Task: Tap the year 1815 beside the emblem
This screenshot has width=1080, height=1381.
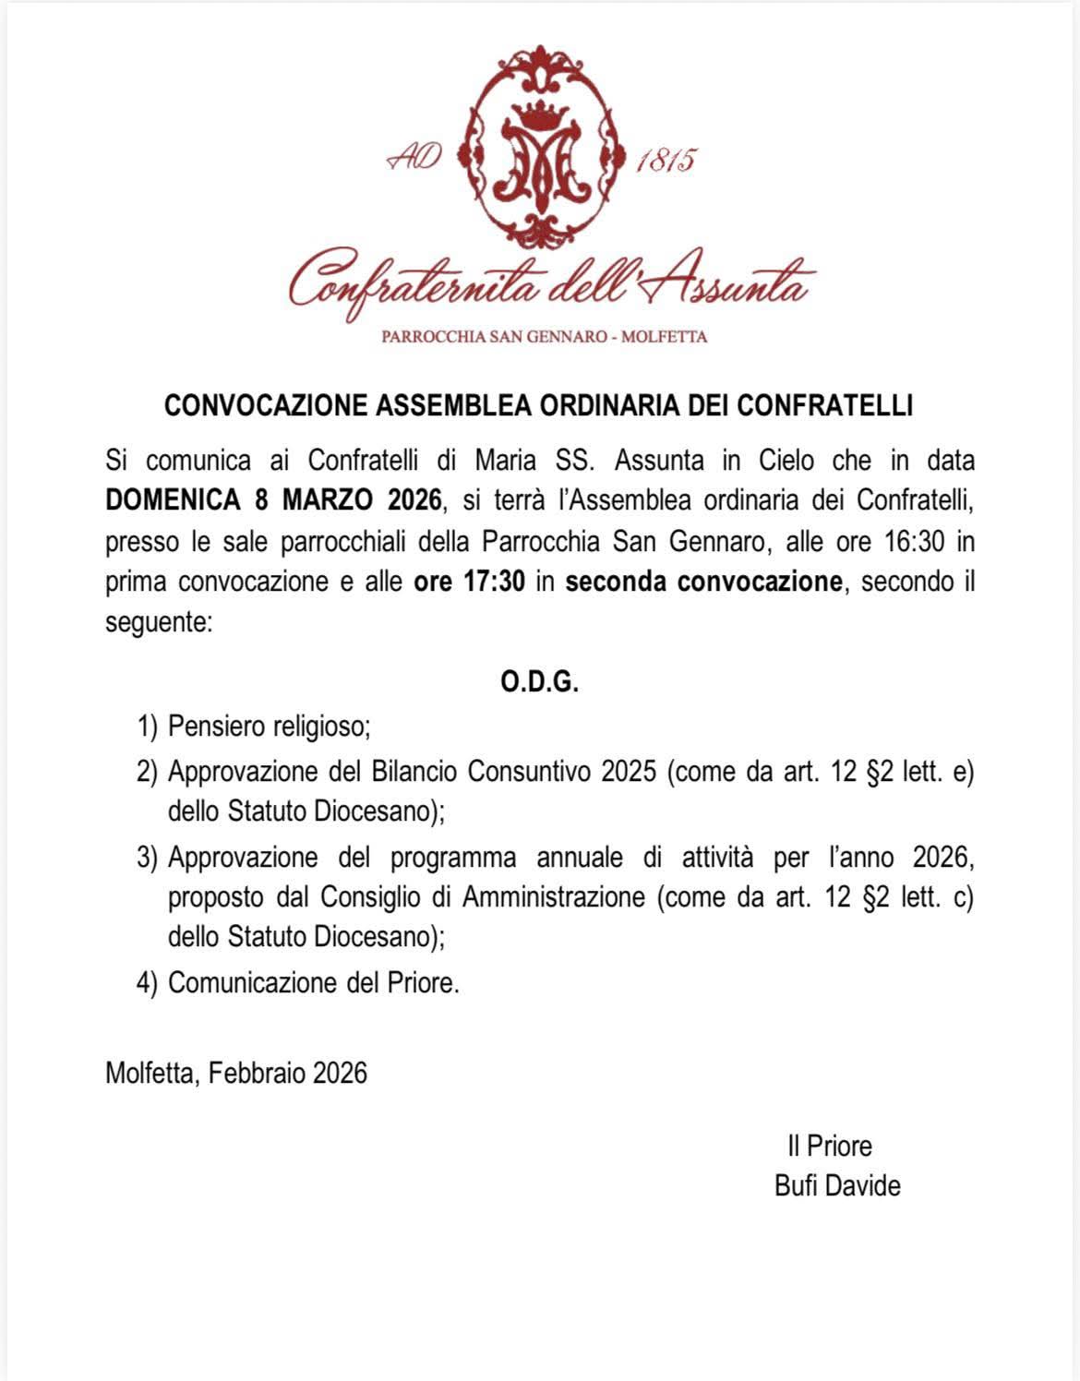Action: (x=666, y=161)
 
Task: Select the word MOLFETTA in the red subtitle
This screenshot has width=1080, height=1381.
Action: (x=665, y=337)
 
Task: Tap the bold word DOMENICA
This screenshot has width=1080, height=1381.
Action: (x=173, y=500)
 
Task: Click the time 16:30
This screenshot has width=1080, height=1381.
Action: (x=914, y=541)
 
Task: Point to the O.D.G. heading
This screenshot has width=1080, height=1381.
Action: (x=540, y=683)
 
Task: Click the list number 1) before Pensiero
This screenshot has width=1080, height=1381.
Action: (x=148, y=727)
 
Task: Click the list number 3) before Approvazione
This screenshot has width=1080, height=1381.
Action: (x=148, y=858)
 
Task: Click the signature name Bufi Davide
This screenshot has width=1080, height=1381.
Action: (x=837, y=1186)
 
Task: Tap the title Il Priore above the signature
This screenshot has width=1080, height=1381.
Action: (x=829, y=1147)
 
